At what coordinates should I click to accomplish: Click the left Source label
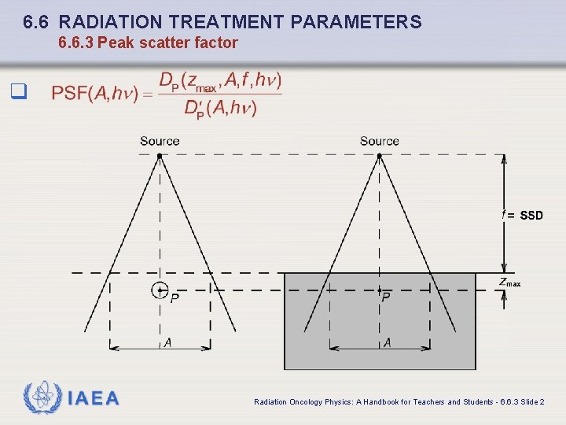point(160,142)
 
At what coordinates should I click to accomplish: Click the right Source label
point(380,142)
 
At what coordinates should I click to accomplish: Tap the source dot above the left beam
point(160,156)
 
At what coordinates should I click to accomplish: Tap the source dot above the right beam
point(380,156)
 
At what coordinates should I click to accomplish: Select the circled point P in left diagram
point(160,290)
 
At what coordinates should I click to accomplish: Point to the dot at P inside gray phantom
point(380,290)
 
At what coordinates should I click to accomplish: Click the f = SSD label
point(523,215)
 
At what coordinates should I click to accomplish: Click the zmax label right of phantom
point(509,283)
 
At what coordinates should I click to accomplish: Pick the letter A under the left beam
point(167,342)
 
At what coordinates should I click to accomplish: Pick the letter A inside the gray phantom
point(387,342)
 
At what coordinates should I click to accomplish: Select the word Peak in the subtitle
point(117,42)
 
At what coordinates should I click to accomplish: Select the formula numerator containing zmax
point(221,80)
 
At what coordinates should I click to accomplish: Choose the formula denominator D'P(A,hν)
point(220,109)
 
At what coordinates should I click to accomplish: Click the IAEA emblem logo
point(41,397)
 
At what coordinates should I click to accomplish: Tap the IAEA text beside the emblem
point(94,398)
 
